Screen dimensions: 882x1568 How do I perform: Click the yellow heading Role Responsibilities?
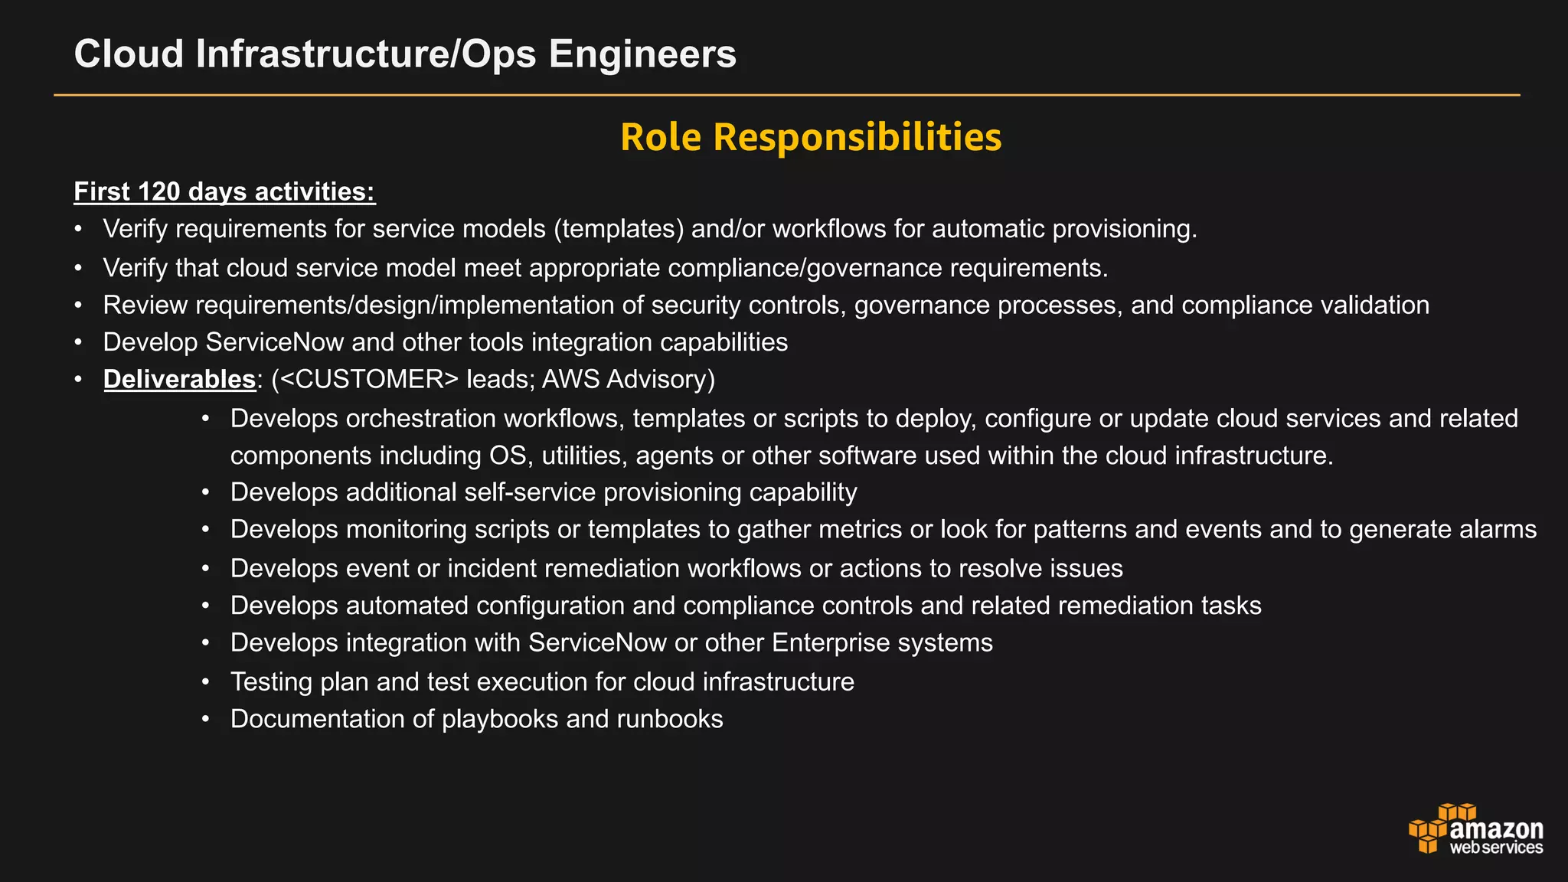[811, 137]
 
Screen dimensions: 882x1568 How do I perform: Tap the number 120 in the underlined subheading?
[159, 191]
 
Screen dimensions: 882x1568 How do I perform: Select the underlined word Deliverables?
[179, 379]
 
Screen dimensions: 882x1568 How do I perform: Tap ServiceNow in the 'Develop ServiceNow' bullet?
[275, 342]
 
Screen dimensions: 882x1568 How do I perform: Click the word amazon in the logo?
[1497, 830]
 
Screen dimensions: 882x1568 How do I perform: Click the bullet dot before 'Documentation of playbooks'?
[205, 720]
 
